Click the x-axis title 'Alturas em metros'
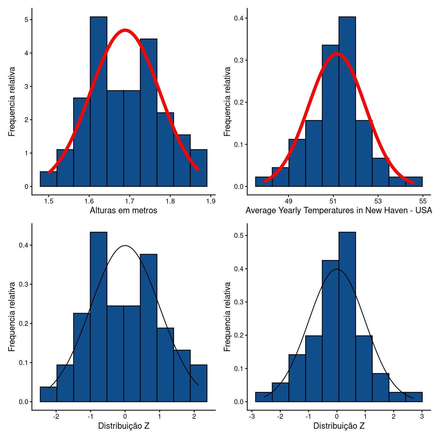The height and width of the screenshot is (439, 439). [x=123, y=211]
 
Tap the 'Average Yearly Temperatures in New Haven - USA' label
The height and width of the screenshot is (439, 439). [x=339, y=211]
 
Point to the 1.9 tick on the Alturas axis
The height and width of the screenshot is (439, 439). [x=211, y=201]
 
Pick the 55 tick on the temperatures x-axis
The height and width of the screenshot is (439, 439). [x=423, y=201]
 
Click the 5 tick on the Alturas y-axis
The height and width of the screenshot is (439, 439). [x=26, y=20]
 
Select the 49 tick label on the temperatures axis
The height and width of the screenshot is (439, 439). [x=289, y=201]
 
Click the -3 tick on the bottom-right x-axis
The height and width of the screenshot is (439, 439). [x=252, y=416]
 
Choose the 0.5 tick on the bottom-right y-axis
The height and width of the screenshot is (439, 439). [x=238, y=236]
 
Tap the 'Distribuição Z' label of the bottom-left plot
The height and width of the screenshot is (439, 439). [x=124, y=426]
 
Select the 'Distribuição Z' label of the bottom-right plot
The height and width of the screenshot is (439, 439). [x=339, y=426]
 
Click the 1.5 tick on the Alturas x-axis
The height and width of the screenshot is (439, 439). [x=49, y=201]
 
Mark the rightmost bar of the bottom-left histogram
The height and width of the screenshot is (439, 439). [x=199, y=383]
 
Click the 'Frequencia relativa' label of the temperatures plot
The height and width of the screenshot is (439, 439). [x=227, y=101]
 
